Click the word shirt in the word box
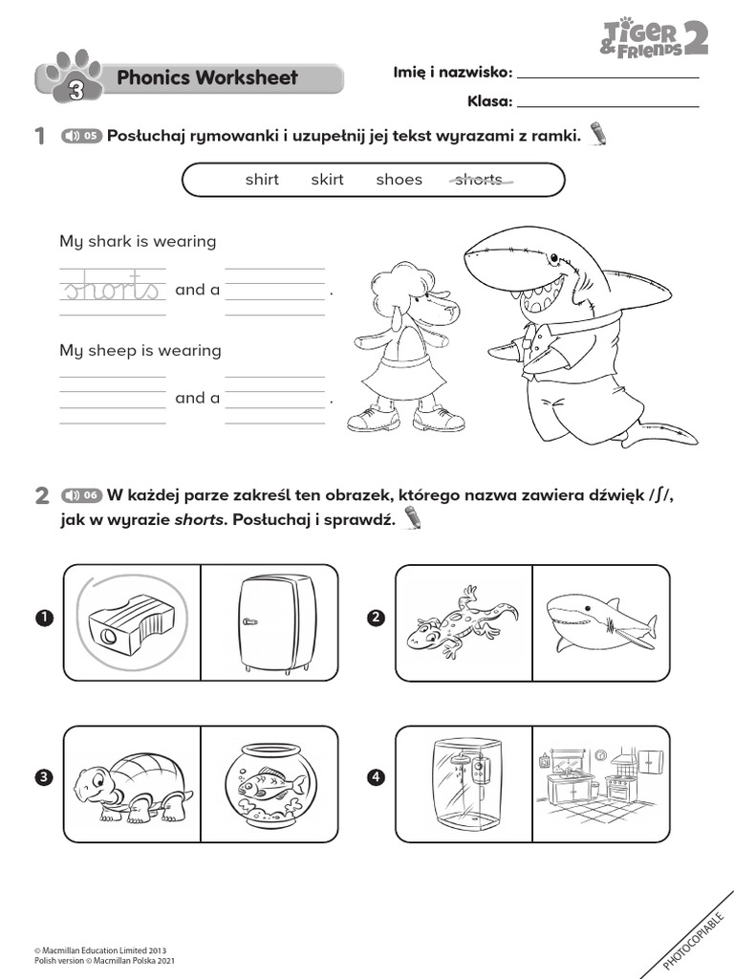pos(262,180)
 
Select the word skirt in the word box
pos(327,180)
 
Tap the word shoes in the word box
pos(399,180)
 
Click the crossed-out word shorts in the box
pos(479,180)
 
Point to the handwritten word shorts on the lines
pos(112,289)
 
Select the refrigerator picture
pos(274,622)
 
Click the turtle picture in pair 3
pos(132,784)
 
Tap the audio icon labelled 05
pos(81,136)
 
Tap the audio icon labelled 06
pos(81,495)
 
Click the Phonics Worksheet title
pos(206,78)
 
